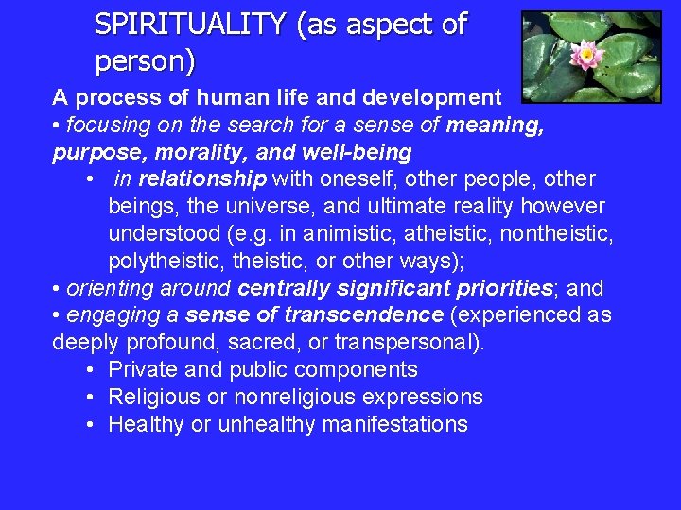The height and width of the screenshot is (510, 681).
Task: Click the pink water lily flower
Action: (588, 54)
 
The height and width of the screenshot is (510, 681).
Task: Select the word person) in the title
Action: (145, 62)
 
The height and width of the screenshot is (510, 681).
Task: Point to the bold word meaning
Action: (495, 125)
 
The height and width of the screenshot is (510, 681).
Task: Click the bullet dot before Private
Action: (88, 370)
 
